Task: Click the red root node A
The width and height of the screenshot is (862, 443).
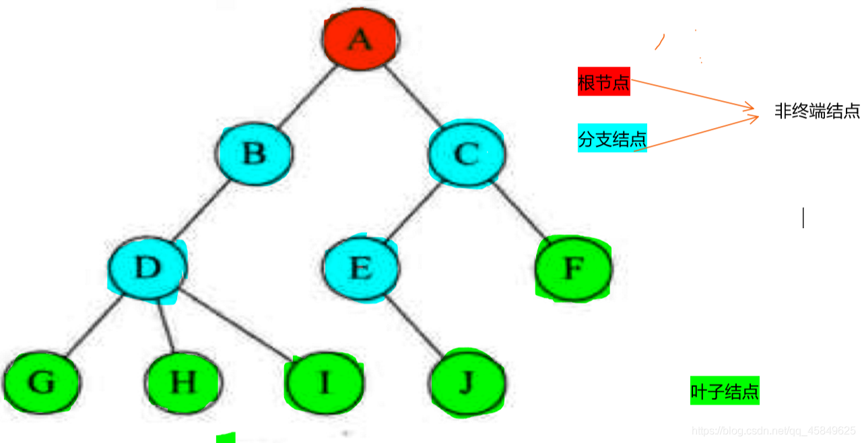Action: pyautogui.click(x=360, y=40)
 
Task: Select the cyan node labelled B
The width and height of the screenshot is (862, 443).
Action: pyautogui.click(x=255, y=154)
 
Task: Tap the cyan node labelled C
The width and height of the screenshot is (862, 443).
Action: pyautogui.click(x=466, y=154)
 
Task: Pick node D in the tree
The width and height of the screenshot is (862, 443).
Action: pyautogui.click(x=147, y=268)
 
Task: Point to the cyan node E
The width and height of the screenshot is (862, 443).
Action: pyautogui.click(x=361, y=269)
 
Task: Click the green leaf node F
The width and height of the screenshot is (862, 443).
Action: pyautogui.click(x=573, y=269)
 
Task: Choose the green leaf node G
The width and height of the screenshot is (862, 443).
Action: pyautogui.click(x=41, y=382)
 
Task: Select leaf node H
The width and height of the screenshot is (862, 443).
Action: pyautogui.click(x=183, y=382)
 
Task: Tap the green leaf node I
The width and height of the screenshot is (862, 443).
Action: pyautogui.click(x=325, y=382)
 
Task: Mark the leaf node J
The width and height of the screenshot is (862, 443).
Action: pyautogui.click(x=467, y=383)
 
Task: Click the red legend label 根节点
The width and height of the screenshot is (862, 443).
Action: pyautogui.click(x=603, y=83)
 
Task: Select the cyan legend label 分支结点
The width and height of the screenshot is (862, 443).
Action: pyautogui.click(x=612, y=139)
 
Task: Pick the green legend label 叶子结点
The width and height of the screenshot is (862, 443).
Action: pyautogui.click(x=725, y=392)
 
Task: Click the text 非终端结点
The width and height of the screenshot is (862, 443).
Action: pyautogui.click(x=817, y=111)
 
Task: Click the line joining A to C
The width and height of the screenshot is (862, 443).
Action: pyautogui.click(x=413, y=97)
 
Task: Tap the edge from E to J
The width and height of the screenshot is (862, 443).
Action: pyautogui.click(x=414, y=326)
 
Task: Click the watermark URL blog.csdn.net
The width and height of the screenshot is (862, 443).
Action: pyautogui.click(x=774, y=430)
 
